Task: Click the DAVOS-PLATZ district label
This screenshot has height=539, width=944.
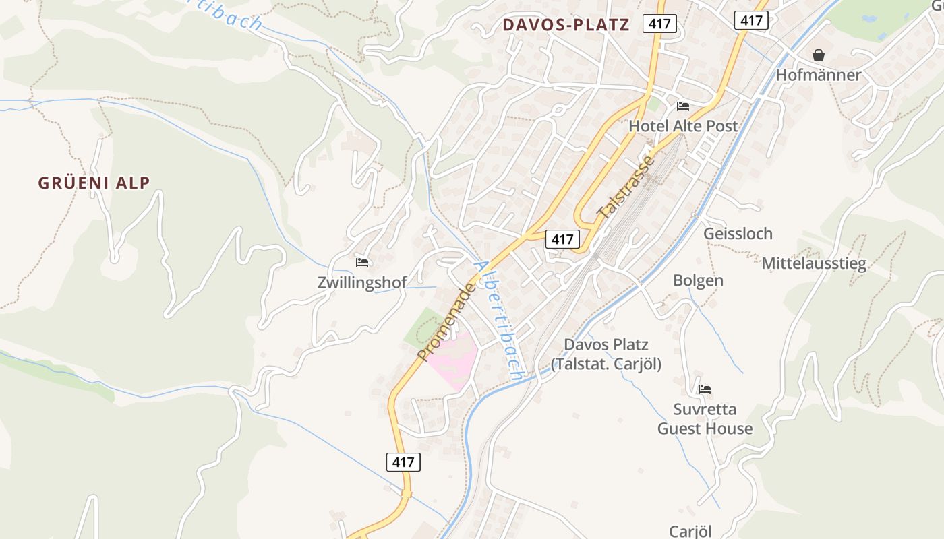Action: pos(566,26)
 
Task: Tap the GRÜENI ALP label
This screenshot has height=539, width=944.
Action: pos(94,183)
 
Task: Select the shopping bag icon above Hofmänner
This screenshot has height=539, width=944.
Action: pos(819,55)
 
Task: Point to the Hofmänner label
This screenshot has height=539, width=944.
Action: pos(818,75)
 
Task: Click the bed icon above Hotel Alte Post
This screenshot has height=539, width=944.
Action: pos(683,106)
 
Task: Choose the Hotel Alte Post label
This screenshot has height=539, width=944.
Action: pos(683,126)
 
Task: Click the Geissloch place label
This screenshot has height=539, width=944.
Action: pos(738,234)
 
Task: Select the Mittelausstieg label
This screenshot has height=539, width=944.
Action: pos(813,263)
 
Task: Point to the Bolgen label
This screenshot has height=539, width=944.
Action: pos(698,280)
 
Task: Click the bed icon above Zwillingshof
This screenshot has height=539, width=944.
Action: pos(362,263)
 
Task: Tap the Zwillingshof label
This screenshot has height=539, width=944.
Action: pos(362,282)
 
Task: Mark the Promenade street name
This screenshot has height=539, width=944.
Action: pos(446,322)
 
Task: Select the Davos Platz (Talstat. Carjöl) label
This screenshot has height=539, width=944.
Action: pos(606,354)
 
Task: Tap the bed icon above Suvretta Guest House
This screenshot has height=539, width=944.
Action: pos(705,389)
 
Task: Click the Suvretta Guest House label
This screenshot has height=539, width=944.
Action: pos(705,419)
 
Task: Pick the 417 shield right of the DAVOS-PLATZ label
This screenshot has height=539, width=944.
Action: pos(659,24)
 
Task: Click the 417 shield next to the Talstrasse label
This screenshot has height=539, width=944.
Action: pos(562,239)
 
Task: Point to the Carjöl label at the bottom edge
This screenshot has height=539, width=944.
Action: pos(690,531)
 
